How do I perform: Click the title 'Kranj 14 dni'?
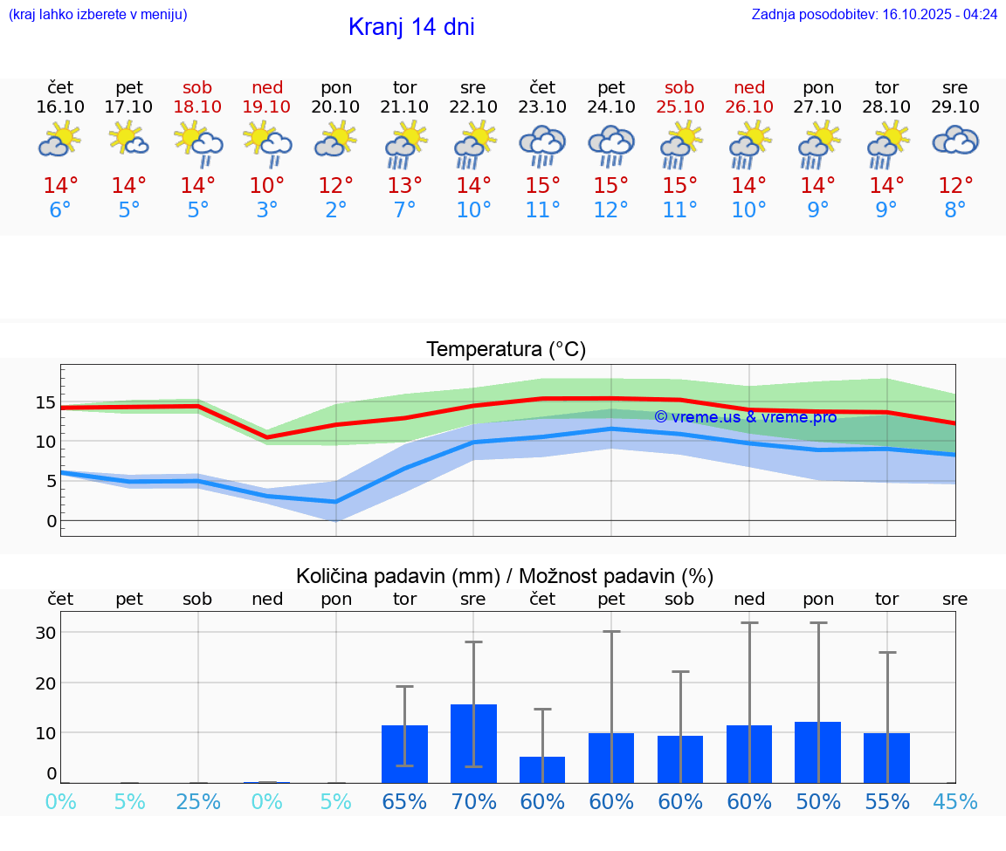coord(411,27)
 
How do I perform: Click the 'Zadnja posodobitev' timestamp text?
coord(874,14)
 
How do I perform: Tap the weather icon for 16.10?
coord(59,140)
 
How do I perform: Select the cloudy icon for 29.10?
coord(955,140)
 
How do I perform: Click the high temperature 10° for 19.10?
coord(267,186)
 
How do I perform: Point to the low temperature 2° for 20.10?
coord(336,210)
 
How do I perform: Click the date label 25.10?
coord(679,106)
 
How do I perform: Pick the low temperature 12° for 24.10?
coord(611,210)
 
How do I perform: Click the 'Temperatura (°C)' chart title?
coord(506,349)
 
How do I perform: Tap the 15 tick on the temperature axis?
coord(45,402)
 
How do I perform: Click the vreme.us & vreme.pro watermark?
coord(746,417)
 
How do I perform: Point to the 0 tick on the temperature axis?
coord(52,521)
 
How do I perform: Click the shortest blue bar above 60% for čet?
coord(542,770)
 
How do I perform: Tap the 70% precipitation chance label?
coord(473,801)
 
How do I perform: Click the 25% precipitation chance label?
coord(198,801)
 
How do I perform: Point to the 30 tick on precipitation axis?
coord(45,633)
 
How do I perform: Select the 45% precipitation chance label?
coord(955,801)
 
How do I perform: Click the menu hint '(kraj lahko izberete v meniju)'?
coord(98,14)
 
